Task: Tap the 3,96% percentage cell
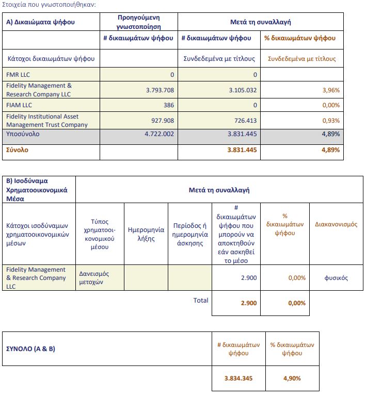(x=330, y=90)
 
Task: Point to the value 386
(x=168, y=105)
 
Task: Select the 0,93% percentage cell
(x=330, y=121)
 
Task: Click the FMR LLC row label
(x=19, y=75)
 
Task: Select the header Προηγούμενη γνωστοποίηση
(x=139, y=22)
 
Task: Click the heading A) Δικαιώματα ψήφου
(x=41, y=22)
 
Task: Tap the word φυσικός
(x=336, y=278)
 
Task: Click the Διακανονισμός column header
(x=336, y=224)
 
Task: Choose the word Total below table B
(x=201, y=300)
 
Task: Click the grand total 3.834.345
(x=238, y=378)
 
